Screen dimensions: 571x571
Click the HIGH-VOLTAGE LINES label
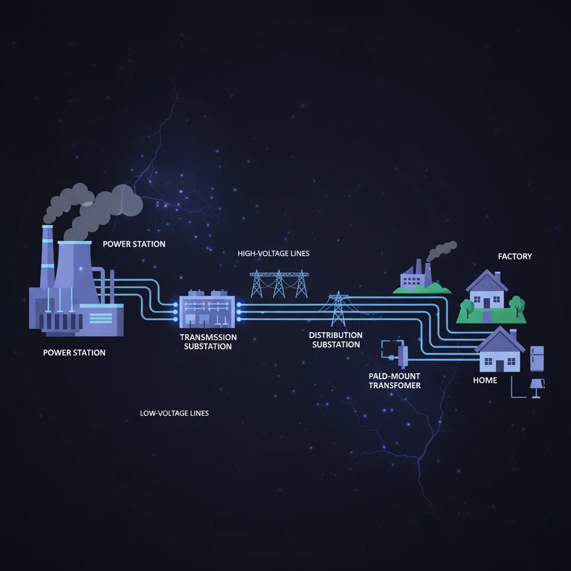point(273,253)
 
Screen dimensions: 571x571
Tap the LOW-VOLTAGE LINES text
point(175,413)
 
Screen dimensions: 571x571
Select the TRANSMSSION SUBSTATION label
point(208,342)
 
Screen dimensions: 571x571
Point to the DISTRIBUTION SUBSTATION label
point(336,340)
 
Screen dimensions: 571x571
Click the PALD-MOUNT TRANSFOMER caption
point(394,381)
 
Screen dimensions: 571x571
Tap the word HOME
point(485,380)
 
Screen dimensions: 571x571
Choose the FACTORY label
point(515,257)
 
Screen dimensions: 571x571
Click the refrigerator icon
point(536,359)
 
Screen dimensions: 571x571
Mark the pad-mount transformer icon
point(401,354)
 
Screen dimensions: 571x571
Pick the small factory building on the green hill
point(415,276)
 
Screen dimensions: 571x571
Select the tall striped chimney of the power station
point(47,257)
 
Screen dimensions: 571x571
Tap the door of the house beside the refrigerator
point(499,366)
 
